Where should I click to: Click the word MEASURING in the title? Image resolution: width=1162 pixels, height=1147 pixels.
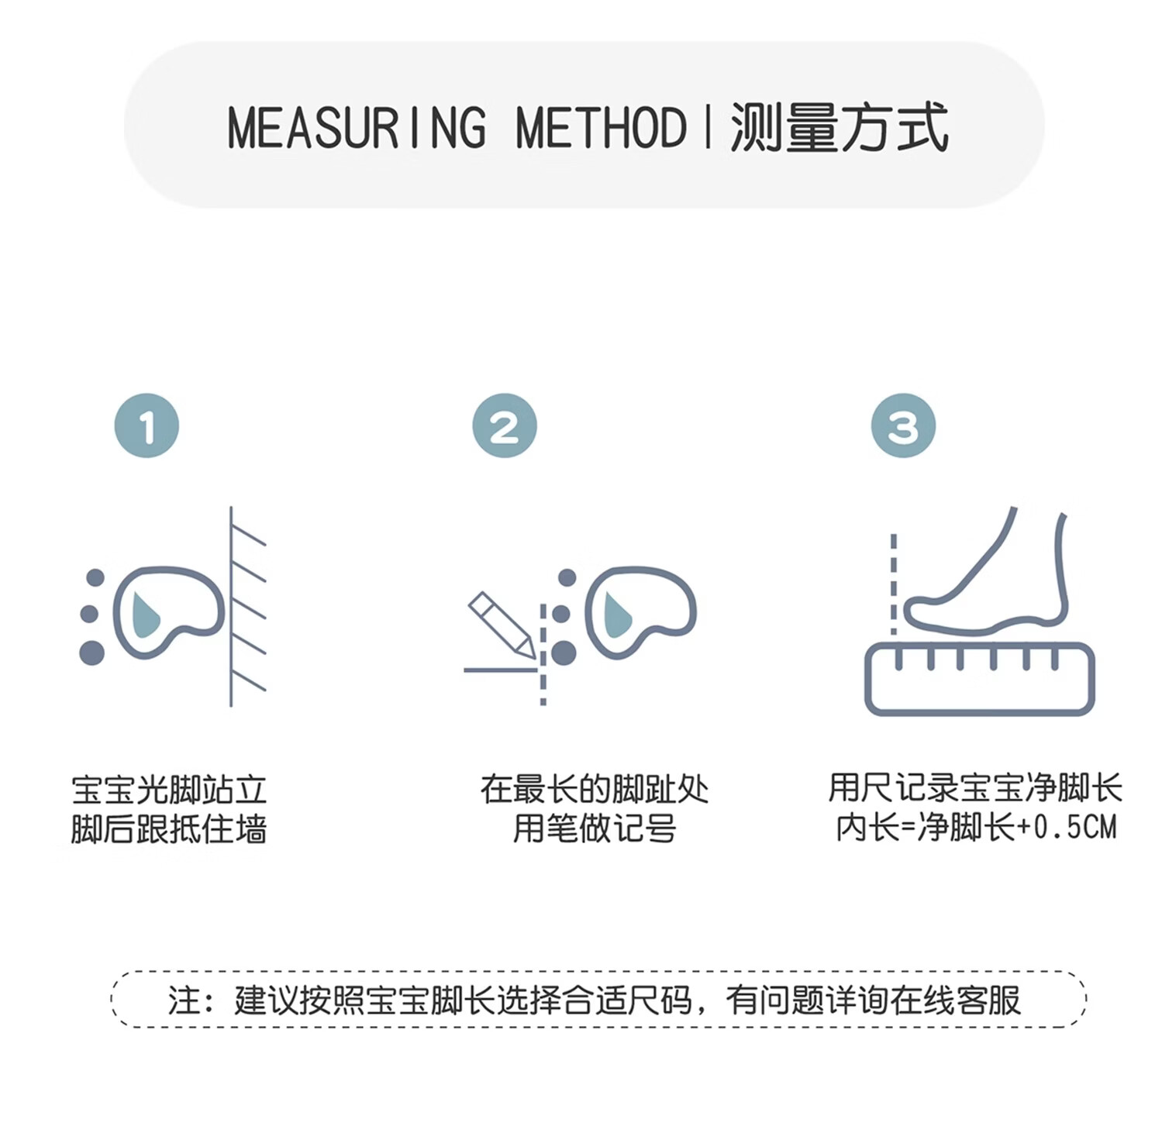357,128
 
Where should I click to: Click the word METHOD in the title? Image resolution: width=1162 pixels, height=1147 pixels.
601,128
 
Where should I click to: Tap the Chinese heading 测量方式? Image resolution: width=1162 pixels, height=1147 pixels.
840,128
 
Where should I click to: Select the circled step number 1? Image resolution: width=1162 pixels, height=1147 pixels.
147,425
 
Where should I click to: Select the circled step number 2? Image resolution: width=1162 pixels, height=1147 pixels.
505,425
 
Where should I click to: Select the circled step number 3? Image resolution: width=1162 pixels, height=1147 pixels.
903,425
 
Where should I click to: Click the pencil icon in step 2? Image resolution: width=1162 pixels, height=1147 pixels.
500,625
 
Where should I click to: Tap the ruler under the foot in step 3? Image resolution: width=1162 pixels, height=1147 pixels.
979,680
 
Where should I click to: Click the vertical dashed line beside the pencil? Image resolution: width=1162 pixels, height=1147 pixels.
543,655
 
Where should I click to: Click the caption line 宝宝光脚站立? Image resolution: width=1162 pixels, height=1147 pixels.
169,790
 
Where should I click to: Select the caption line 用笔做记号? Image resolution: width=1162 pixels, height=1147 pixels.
595,828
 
